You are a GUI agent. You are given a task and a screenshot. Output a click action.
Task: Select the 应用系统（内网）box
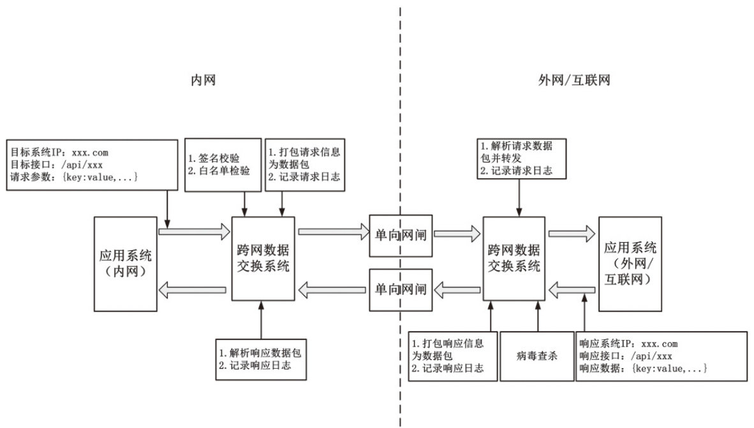[126, 264]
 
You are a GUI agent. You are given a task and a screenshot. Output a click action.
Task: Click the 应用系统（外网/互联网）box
[630, 264]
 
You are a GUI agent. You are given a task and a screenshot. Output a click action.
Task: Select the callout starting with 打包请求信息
[304, 164]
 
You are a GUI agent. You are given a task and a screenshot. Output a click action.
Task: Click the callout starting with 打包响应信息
[452, 355]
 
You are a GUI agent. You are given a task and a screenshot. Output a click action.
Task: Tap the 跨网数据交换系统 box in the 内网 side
[262, 259]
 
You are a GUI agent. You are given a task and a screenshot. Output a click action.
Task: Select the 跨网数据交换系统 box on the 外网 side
[514, 259]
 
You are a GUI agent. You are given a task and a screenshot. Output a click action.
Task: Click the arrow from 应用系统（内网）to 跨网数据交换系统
[194, 231]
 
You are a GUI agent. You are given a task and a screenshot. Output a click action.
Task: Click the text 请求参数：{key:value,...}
[74, 177]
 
